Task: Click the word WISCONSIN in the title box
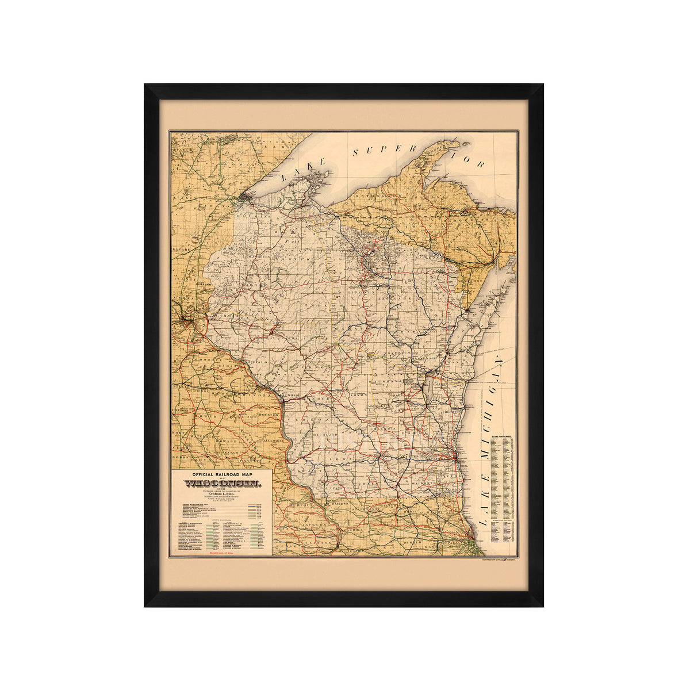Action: coord(222,484)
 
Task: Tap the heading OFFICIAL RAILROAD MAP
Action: coord(222,474)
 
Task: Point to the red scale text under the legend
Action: coord(222,552)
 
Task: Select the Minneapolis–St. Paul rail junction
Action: coord(187,319)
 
